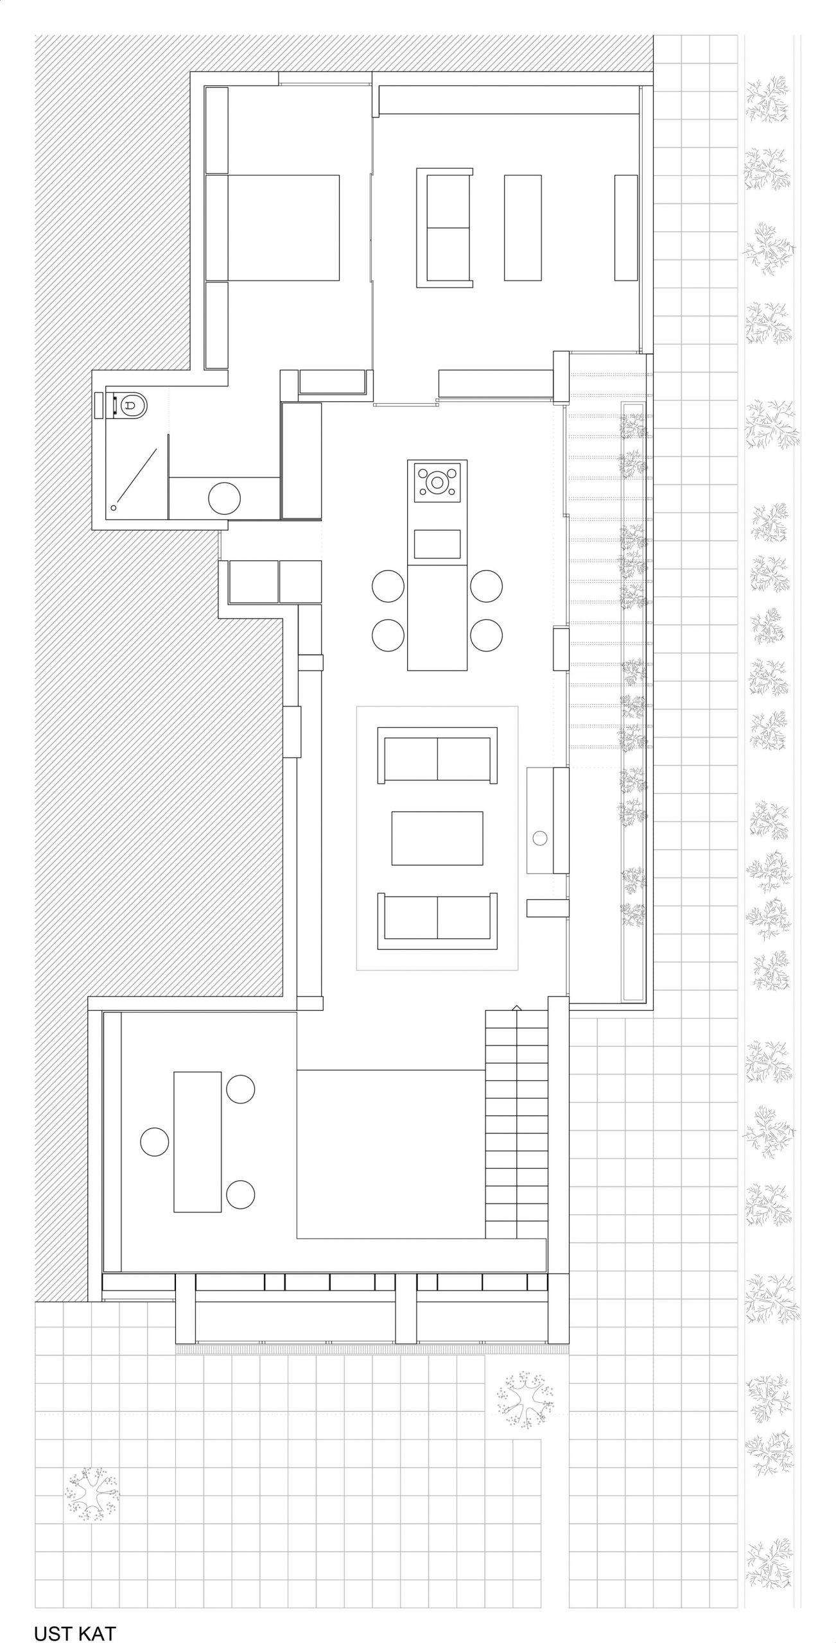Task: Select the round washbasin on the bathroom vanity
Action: [x=224, y=497]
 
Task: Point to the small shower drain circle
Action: [x=114, y=507]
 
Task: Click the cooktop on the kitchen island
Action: [x=437, y=481]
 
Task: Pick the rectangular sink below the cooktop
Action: [x=437, y=544]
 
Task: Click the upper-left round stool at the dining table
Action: [x=388, y=587]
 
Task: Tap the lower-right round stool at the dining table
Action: [x=486, y=635]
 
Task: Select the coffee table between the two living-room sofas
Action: [x=437, y=839]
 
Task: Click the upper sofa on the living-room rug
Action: [x=437, y=755]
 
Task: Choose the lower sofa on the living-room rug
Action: [x=437, y=921]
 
